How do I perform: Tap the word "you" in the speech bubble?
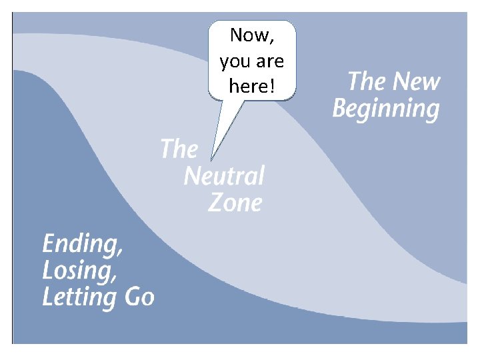pos(233,62)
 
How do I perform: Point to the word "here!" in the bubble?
pos(251,86)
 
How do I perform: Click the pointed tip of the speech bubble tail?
pos(211,160)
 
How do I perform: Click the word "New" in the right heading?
pos(416,82)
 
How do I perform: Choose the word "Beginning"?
pos(386,109)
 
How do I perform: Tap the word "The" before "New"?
pos(365,82)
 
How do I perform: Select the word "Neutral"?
pos(224,177)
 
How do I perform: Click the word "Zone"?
pos(235,203)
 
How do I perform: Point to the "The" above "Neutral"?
pos(179,149)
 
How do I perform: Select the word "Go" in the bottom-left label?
pos(140,297)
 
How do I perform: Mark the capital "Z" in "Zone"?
pos(215,203)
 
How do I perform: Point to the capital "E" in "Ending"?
pos(49,243)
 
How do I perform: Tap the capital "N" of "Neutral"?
pos(192,177)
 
